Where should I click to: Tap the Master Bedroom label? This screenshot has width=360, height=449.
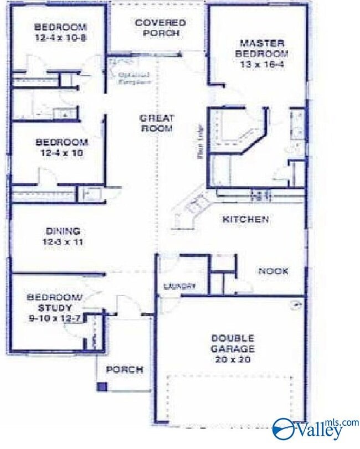[261, 48]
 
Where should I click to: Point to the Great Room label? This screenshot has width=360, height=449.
[156, 123]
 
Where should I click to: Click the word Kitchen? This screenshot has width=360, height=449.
[245, 220]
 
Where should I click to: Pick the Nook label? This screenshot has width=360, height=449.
[273, 271]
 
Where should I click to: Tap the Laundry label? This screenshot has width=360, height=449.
[179, 286]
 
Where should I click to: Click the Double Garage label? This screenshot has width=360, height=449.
[232, 343]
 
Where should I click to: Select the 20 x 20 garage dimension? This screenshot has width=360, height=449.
[232, 359]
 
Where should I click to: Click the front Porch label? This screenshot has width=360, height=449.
[125, 369]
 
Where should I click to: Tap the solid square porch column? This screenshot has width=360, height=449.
[101, 386]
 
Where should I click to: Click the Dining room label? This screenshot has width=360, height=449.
[64, 231]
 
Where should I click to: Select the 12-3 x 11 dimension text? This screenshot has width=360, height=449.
[64, 242]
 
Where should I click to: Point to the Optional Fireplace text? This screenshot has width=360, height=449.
[134, 78]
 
